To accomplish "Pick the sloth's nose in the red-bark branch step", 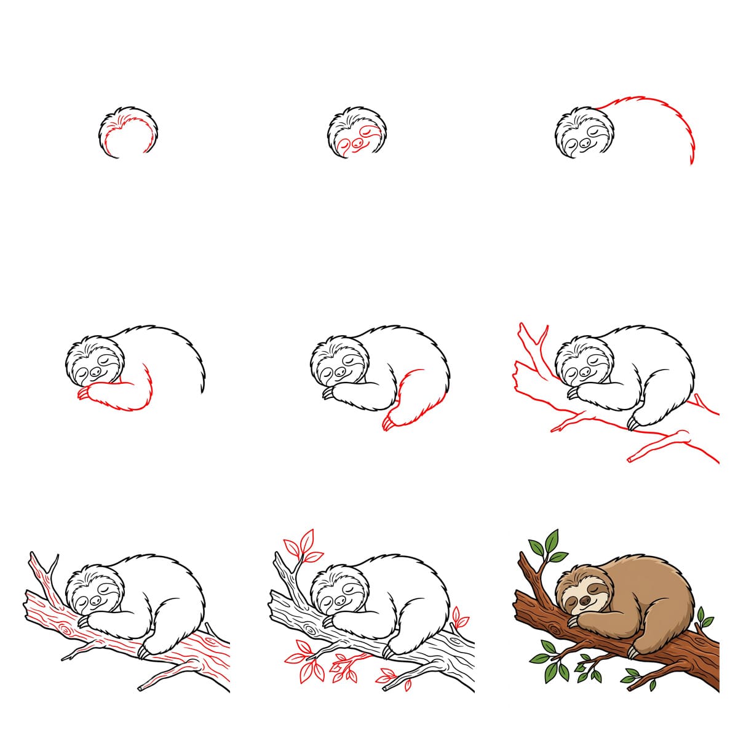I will point(94,600).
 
